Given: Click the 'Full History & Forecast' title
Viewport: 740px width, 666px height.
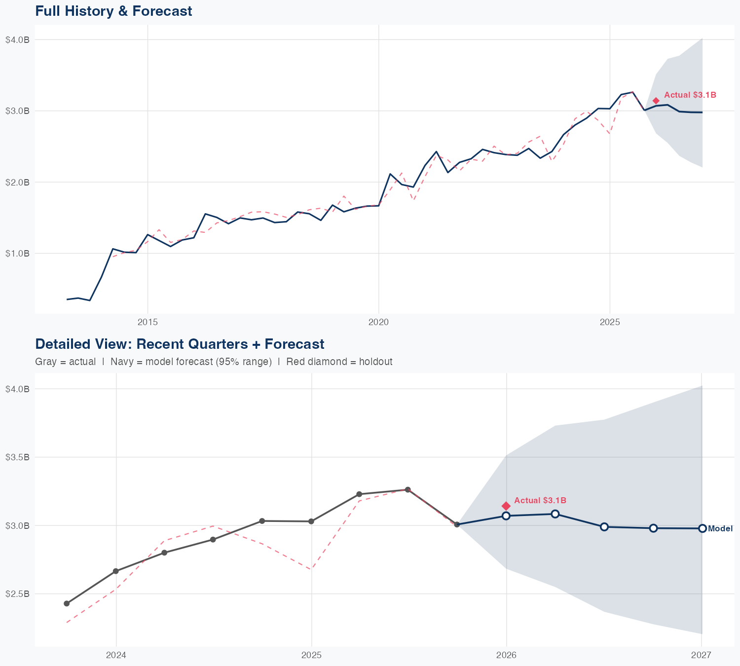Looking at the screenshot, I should tap(113, 11).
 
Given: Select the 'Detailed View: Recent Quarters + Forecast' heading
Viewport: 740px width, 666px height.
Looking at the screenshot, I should tap(180, 344).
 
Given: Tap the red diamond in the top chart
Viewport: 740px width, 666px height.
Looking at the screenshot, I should tap(656, 101).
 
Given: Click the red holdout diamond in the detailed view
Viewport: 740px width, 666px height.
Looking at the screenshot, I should tap(506, 506).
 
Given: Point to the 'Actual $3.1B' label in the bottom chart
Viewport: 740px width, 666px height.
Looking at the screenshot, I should tap(540, 500).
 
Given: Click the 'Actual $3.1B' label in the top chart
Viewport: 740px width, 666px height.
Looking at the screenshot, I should tap(690, 95).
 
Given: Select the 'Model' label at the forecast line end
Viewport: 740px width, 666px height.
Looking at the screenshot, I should tap(720, 529).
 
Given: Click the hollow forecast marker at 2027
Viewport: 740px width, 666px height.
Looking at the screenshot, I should tap(702, 528).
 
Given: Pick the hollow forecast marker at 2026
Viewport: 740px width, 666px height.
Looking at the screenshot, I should tap(506, 516).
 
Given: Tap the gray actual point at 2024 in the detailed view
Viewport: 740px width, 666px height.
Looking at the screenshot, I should tap(116, 571).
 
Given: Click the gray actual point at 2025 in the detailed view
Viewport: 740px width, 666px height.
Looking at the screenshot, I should tap(311, 521).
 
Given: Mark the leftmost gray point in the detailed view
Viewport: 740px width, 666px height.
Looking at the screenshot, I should tap(67, 603).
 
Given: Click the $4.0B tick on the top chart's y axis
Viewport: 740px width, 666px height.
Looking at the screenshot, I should tap(17, 40).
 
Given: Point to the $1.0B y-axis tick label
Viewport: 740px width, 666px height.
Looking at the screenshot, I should tap(17, 254).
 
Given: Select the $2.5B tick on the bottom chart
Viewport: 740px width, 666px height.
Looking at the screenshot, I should tap(17, 593).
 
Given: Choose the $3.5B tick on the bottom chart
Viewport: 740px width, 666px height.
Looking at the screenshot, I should tap(17, 457).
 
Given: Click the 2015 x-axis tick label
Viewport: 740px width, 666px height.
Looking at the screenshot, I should tap(148, 322).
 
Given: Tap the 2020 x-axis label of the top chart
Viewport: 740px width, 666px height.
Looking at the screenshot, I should tap(378, 322).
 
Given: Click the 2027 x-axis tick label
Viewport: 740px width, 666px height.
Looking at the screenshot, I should tap(701, 655).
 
